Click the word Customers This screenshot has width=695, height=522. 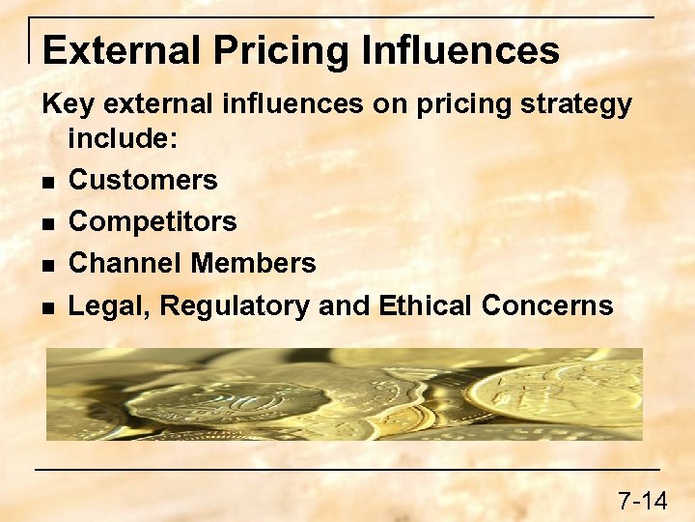click(143, 180)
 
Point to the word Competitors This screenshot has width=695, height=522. click(153, 222)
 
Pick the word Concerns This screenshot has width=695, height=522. click(547, 305)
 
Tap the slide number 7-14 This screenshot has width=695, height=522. click(642, 501)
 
